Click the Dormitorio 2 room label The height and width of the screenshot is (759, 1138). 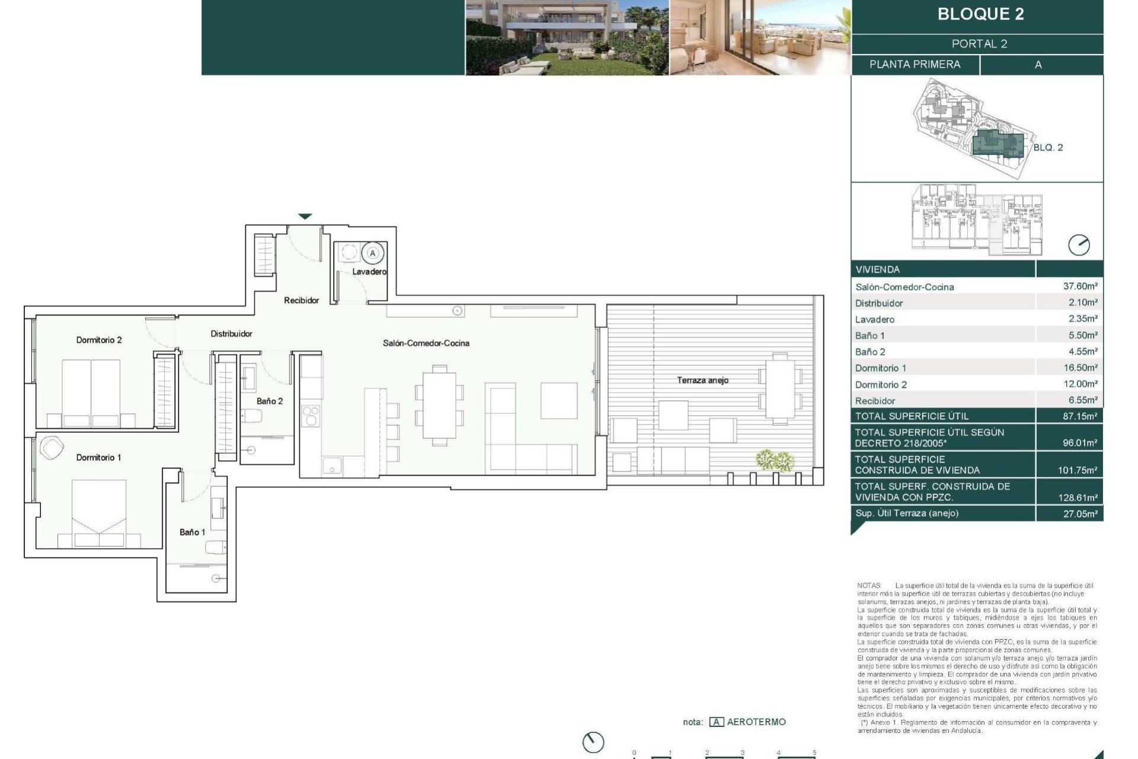click(99, 340)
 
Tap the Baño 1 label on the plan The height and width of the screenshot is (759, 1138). click(192, 532)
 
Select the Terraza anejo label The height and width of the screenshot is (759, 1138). click(702, 380)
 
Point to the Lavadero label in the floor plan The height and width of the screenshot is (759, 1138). click(369, 272)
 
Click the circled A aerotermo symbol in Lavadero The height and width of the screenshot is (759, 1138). click(373, 253)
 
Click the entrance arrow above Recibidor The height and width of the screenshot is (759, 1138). click(305, 216)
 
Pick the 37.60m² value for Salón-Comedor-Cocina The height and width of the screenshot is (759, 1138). click(1080, 286)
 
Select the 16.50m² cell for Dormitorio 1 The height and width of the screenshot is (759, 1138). click(1080, 368)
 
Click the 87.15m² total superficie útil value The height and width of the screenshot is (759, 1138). click(1080, 416)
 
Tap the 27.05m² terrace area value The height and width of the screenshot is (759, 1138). click(1080, 514)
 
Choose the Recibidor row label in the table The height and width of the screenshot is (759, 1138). click(875, 401)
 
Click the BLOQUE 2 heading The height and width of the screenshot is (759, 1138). click(980, 14)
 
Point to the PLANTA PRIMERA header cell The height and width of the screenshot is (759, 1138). click(915, 65)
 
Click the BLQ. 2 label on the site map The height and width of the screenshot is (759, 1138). click(1048, 148)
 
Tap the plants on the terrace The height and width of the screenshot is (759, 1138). click(775, 460)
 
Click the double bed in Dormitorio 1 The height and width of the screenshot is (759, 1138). click(99, 510)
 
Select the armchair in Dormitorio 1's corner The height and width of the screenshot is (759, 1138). click(52, 448)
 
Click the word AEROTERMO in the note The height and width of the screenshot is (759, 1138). click(756, 722)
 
